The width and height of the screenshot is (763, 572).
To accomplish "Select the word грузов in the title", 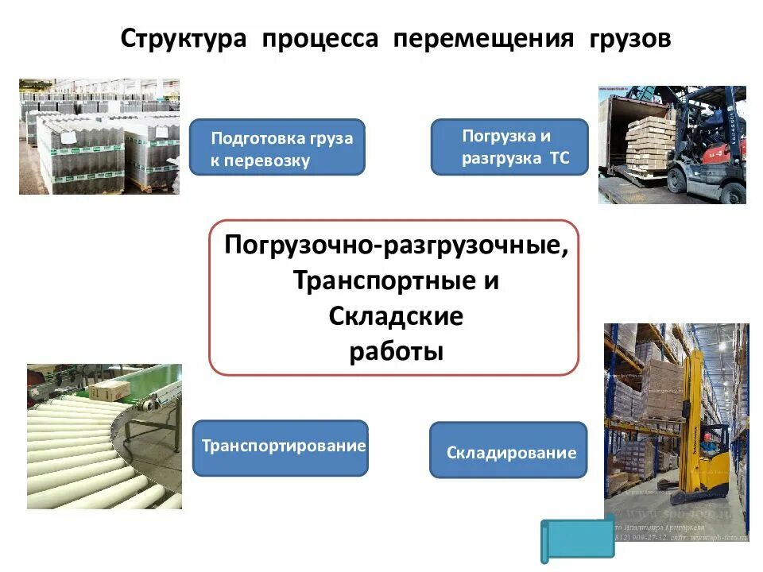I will [630, 39].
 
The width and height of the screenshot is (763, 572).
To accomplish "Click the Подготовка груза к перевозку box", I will [277, 148].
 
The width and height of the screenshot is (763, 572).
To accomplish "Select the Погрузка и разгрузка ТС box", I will [509, 147].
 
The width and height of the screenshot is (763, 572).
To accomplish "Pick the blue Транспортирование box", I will [281, 447].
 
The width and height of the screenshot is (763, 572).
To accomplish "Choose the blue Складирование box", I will [509, 450].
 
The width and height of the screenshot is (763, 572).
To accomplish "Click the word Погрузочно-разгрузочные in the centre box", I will [397, 245].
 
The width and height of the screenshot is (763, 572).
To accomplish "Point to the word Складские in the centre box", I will [395, 316].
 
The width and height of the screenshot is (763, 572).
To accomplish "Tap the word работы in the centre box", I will [396, 351].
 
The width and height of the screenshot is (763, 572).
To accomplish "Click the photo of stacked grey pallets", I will [99, 137].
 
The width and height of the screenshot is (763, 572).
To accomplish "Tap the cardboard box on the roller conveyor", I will [109, 389].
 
